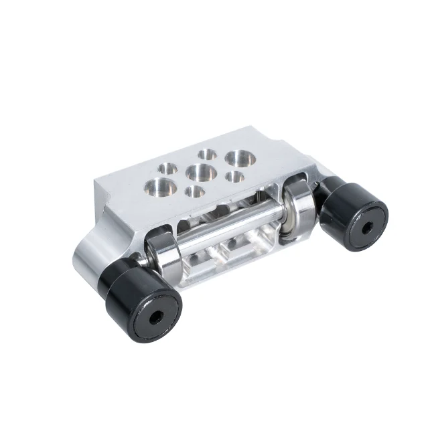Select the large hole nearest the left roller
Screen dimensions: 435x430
pyautogui.click(x=161, y=186)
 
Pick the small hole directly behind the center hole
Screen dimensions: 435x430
pyautogui.click(x=208, y=155)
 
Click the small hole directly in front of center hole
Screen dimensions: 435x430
pyautogui.click(x=194, y=192)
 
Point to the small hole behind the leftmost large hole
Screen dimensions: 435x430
pyautogui.click(x=167, y=167)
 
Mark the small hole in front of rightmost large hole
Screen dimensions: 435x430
pyautogui.click(x=234, y=177)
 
